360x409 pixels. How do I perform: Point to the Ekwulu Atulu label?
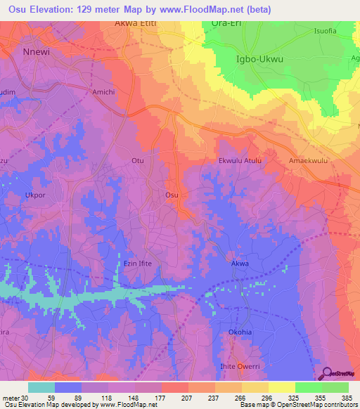coord(240,161)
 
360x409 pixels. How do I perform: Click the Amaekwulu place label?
coord(309,161)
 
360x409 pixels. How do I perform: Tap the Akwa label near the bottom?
coord(240,264)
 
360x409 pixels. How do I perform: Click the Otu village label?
coord(138,161)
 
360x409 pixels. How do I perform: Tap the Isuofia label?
coord(327,30)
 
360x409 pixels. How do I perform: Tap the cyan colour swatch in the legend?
coord(41,387)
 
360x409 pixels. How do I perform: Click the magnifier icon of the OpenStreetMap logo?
coord(326,374)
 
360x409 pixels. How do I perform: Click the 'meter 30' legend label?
coord(15,397)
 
